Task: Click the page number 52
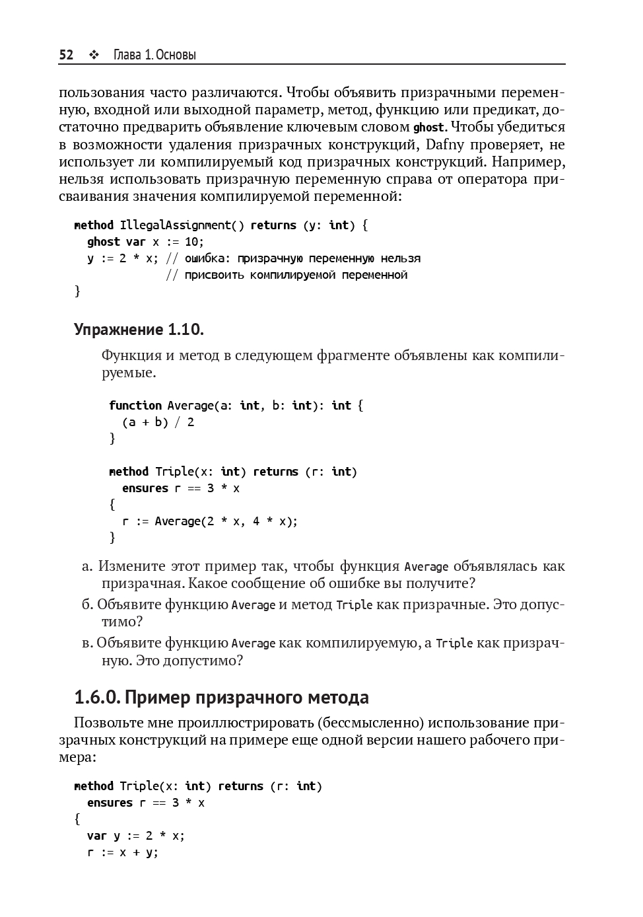click(x=66, y=55)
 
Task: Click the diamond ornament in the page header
click(x=93, y=55)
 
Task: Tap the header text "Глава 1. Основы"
click(x=154, y=55)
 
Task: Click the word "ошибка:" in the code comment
click(x=207, y=258)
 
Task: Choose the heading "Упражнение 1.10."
click(x=139, y=329)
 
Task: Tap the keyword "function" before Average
click(x=135, y=406)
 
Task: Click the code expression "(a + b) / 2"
click(x=158, y=422)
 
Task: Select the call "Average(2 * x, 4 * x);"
click(x=226, y=521)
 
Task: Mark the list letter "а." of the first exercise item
click(x=88, y=566)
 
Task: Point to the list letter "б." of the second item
click(x=87, y=605)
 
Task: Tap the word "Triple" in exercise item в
click(x=454, y=643)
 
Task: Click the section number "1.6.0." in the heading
click(x=96, y=698)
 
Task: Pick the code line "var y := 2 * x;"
click(x=136, y=836)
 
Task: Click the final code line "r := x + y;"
click(x=123, y=852)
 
